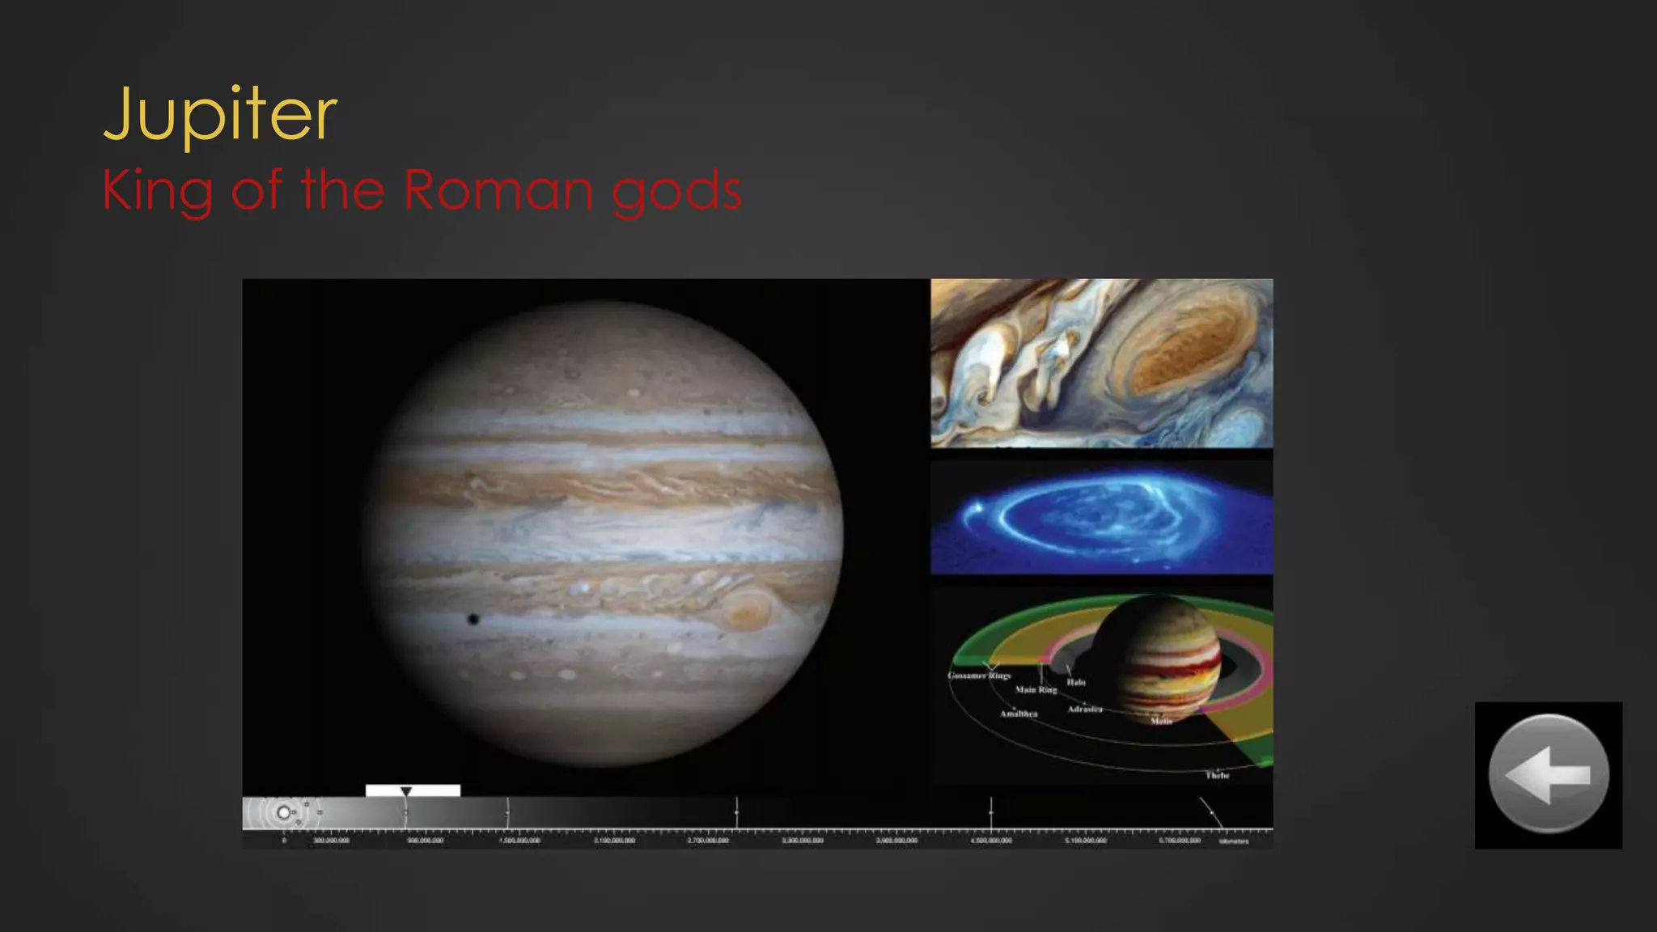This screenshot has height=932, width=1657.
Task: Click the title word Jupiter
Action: (220, 115)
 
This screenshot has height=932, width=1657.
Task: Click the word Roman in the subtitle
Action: (498, 191)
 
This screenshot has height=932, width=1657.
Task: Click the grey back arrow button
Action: (1548, 774)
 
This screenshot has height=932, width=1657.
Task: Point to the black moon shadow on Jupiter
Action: (473, 620)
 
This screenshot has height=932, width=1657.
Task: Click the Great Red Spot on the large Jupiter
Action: (747, 609)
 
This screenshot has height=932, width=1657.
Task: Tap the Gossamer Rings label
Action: (979, 676)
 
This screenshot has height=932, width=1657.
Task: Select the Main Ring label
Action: (1036, 690)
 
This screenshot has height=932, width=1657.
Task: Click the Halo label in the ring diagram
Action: (1075, 682)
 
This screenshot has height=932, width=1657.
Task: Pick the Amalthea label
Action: (1019, 714)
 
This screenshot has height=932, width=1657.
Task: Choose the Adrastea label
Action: (1084, 710)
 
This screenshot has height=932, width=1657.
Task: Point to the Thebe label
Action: (1217, 775)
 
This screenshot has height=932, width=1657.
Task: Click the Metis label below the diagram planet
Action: (1161, 721)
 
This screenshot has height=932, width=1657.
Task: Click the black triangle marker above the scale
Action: (406, 791)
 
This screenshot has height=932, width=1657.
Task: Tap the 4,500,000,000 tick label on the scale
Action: (991, 841)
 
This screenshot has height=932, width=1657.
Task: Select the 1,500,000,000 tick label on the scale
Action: (519, 841)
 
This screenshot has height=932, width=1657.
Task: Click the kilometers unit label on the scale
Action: (1234, 841)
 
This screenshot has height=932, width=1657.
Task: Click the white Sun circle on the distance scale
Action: (283, 812)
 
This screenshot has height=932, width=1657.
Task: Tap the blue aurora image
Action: (1101, 518)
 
